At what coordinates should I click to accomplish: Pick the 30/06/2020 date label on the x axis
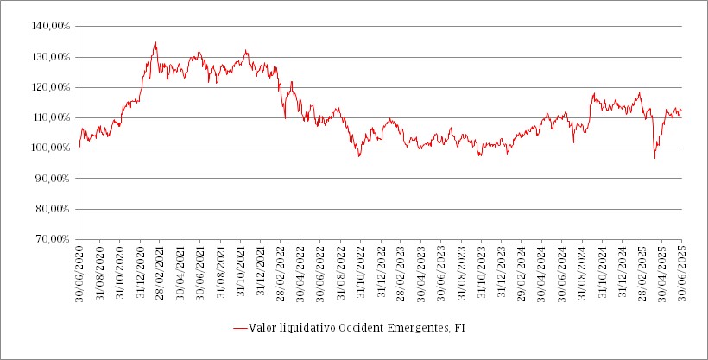click(79, 270)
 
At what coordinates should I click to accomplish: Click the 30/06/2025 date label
click(682, 270)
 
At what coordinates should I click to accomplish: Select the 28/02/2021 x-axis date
click(160, 270)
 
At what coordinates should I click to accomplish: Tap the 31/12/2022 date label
click(381, 270)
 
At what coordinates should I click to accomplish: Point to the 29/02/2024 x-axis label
click(522, 270)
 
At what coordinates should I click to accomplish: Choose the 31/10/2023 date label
click(481, 270)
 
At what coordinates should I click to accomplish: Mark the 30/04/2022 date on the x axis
click(300, 270)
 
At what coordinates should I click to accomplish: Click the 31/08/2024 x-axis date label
click(582, 270)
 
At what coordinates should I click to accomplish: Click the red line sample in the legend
click(239, 329)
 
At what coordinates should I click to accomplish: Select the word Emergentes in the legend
click(418, 329)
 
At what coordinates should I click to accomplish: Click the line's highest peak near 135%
click(155, 42)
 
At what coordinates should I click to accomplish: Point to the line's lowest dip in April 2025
click(654, 158)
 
